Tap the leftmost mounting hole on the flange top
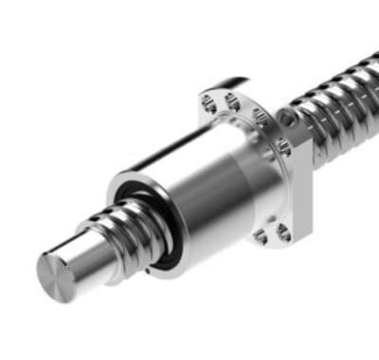[x=210, y=99]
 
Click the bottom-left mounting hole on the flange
[x=260, y=235]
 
